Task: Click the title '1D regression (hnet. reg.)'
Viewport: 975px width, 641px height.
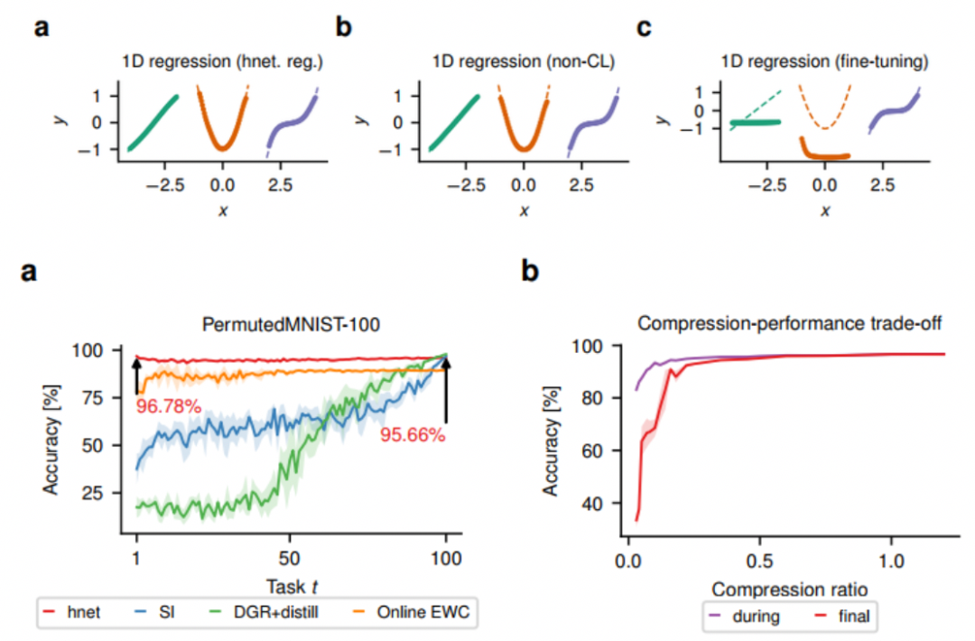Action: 223,61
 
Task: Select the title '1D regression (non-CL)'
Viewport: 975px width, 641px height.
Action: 524,61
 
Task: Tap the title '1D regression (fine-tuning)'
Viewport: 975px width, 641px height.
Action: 824,61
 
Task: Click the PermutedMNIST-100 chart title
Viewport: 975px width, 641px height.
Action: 291,324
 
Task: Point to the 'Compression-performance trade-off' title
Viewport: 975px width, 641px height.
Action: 790,324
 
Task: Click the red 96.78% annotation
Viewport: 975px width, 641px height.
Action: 169,406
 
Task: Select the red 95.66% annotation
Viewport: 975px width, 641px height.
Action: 413,434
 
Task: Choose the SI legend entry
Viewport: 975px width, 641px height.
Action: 155,612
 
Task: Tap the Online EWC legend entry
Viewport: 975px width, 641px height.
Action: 411,612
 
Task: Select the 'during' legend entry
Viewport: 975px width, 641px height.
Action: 744,616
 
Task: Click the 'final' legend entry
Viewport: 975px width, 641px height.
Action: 842,616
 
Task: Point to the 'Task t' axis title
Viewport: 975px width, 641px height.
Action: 292,586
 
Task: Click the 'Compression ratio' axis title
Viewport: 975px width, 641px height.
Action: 790,590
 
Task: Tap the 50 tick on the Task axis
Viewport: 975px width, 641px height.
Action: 289,558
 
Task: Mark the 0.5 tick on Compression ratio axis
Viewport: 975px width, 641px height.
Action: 759,561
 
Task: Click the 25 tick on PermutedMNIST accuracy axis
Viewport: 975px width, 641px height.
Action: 92,493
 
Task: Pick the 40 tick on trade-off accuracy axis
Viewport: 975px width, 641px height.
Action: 592,503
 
